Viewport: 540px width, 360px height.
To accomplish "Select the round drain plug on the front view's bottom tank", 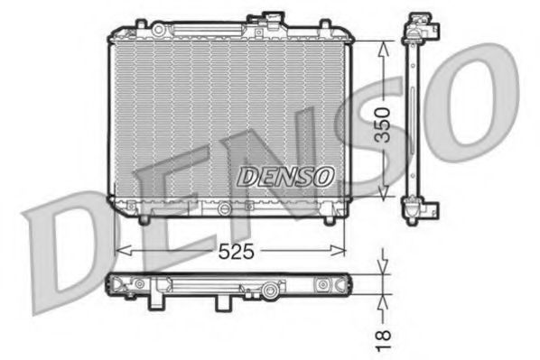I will (x=219, y=208).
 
